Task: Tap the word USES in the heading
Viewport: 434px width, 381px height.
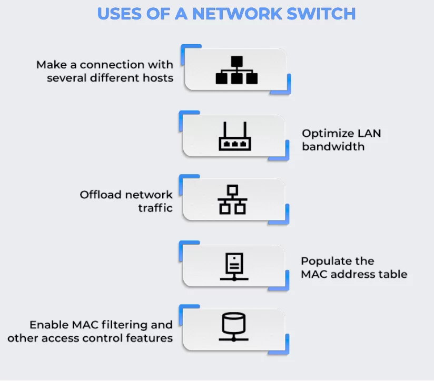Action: (120, 13)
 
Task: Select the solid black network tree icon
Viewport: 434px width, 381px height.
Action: (236, 70)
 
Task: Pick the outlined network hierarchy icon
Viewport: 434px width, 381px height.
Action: (232, 199)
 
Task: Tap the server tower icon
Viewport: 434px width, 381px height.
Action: (234, 266)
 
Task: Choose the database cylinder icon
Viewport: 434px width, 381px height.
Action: (234, 327)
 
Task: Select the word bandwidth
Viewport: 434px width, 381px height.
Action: (333, 146)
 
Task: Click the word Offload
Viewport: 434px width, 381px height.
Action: (102, 195)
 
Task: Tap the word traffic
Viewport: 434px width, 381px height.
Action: (155, 208)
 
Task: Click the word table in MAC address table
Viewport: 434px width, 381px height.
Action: (394, 274)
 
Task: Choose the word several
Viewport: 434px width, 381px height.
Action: (64, 78)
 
